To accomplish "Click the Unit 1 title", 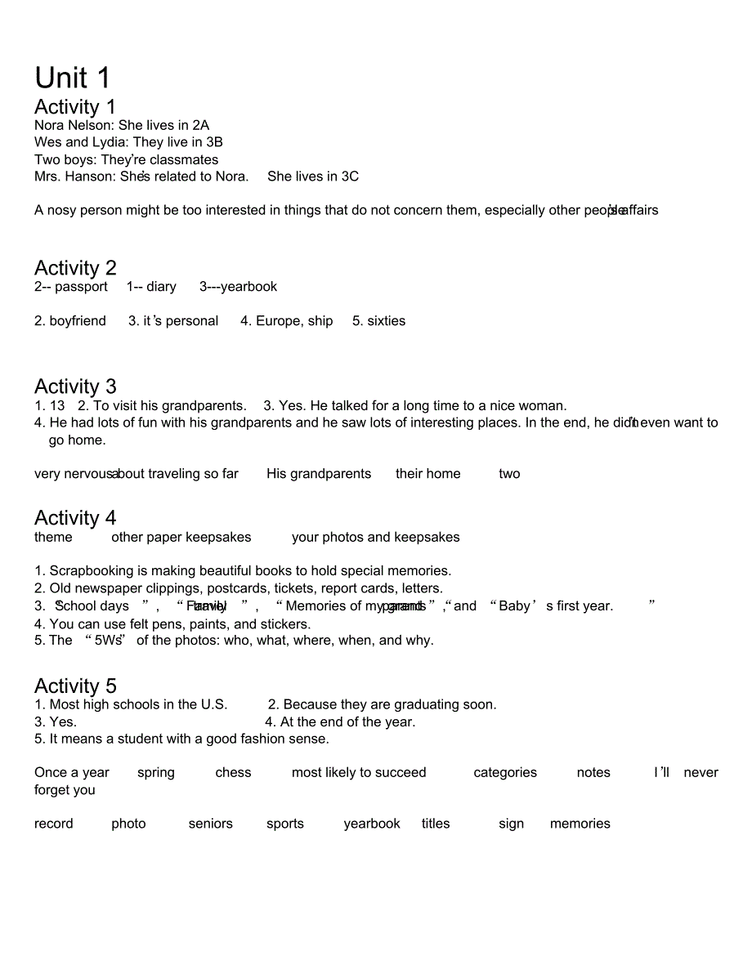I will tap(72, 78).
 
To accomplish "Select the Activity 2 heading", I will tap(75, 268).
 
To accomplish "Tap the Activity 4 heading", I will tap(75, 518).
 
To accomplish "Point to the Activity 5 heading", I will tap(75, 686).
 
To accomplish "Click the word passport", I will tap(81, 287).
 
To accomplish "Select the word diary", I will tap(161, 287).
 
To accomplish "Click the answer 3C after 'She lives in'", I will tap(349, 176).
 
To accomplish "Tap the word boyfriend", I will tap(78, 321).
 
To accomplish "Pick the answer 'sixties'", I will tap(386, 321).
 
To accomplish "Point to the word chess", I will tap(233, 773).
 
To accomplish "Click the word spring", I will tap(155, 773).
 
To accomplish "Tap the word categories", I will tap(505, 773).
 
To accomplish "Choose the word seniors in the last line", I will tap(210, 824).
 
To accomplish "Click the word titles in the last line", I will tap(436, 824).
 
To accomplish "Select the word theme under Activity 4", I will tap(53, 538).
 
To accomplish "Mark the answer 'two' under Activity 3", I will tap(509, 474).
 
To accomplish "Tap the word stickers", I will tap(285, 624).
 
